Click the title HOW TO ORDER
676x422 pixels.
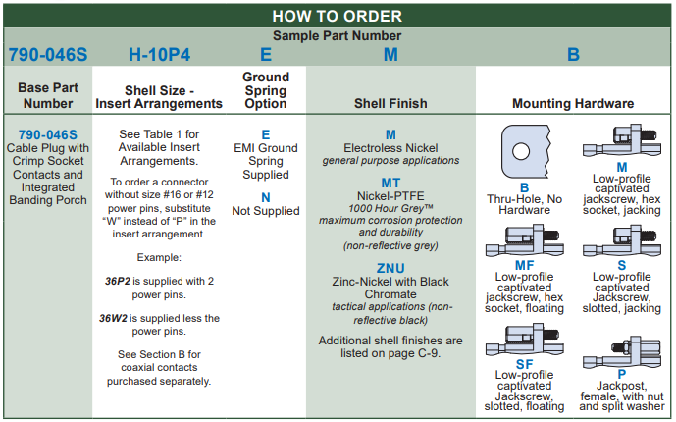coord(337,15)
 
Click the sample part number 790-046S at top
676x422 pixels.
coord(48,55)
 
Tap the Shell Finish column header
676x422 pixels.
coord(390,103)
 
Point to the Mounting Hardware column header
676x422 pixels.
coord(573,103)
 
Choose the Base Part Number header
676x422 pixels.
coord(48,95)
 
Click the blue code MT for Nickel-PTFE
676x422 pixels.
coord(390,183)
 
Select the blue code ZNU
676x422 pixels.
coord(390,268)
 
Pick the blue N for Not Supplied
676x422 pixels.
coord(265,197)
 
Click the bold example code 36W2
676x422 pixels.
coord(121,318)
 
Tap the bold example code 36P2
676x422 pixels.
coord(121,280)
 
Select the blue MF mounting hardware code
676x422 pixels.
coord(525,264)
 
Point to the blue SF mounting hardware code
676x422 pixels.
coord(525,364)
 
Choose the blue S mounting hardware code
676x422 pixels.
coord(622,264)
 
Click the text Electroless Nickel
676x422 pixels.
coord(390,148)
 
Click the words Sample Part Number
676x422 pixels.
coord(337,35)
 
